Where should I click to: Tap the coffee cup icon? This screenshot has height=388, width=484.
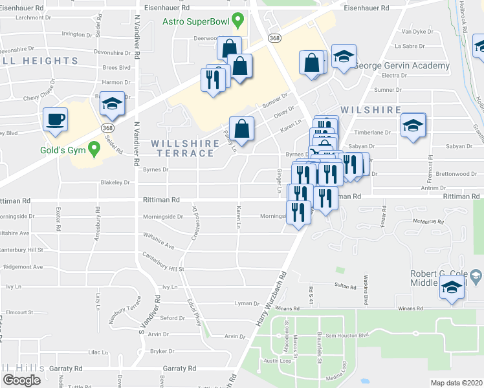click(x=55, y=120)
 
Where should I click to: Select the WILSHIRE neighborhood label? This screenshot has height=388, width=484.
click(x=368, y=111)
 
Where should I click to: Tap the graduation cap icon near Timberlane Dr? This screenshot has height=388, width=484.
click(x=412, y=125)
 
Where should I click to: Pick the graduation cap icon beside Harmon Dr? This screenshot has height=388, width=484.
click(x=113, y=104)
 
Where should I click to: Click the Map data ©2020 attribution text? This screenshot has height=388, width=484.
click(x=456, y=383)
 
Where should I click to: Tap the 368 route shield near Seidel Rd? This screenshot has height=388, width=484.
click(x=106, y=128)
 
